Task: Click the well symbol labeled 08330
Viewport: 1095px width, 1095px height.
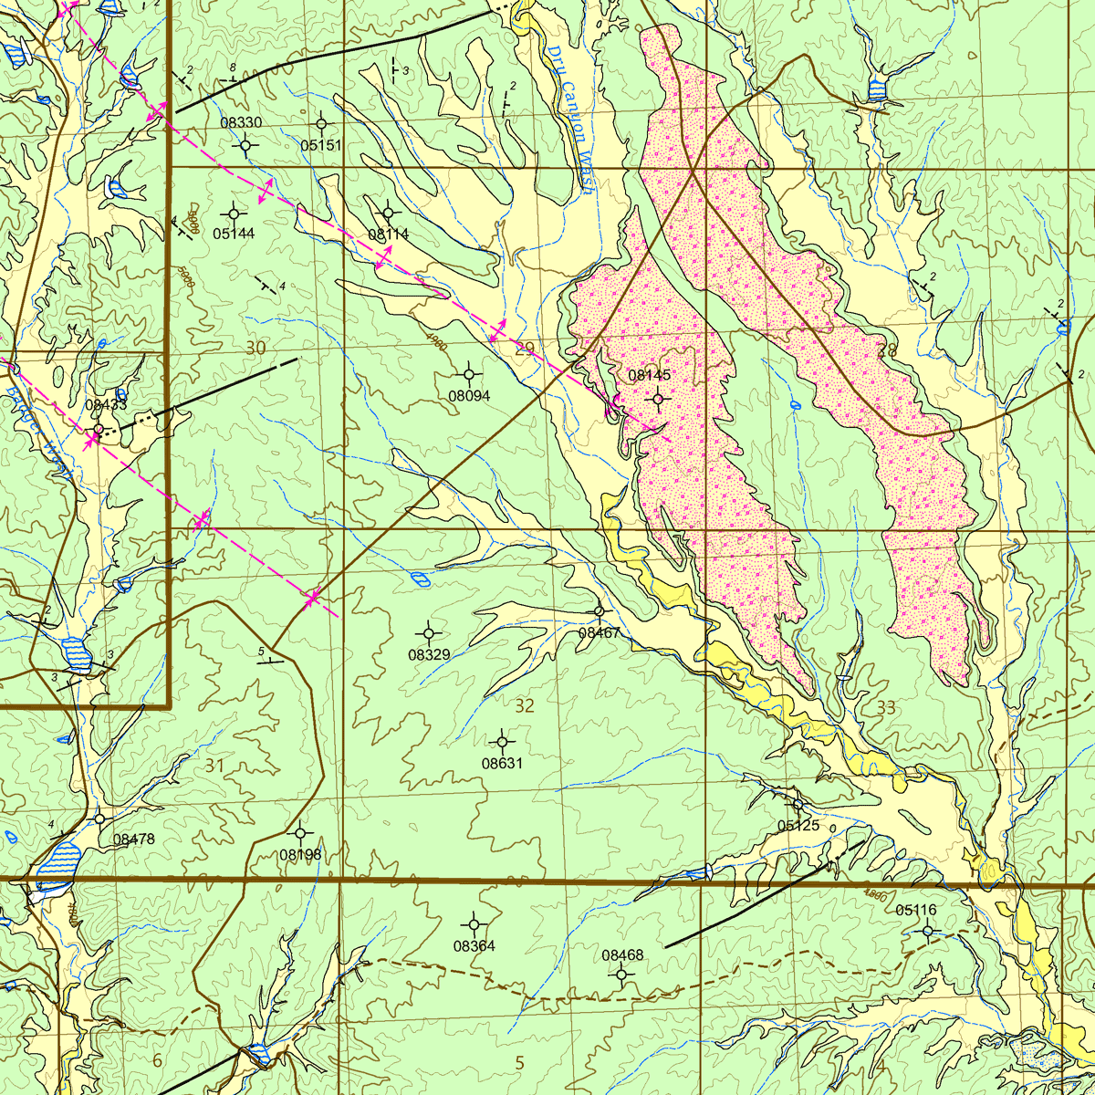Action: coord(246,144)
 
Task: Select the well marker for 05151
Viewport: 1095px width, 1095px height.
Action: coord(321,123)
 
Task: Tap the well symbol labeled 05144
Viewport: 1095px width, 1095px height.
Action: coord(234,213)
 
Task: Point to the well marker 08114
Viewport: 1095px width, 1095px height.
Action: coord(388,213)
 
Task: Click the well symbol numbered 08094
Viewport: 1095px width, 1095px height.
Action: coord(469,373)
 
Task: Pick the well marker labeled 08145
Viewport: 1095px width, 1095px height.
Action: coord(658,398)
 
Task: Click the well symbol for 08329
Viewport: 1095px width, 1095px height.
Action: coord(429,632)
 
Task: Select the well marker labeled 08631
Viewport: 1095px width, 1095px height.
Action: coord(502,742)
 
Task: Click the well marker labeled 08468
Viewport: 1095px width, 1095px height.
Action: coord(621,975)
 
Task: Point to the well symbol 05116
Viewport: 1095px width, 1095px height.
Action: coord(927,931)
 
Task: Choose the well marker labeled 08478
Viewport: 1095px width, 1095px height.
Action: coord(99,819)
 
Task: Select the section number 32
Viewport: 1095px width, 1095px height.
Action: coord(525,705)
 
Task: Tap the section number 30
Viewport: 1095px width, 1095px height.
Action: coord(255,348)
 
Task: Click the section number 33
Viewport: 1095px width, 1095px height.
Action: coord(885,707)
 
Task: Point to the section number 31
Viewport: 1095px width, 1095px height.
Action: coord(214,765)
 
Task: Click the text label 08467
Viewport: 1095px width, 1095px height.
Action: coord(600,632)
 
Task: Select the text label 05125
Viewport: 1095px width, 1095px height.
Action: coord(798,825)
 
